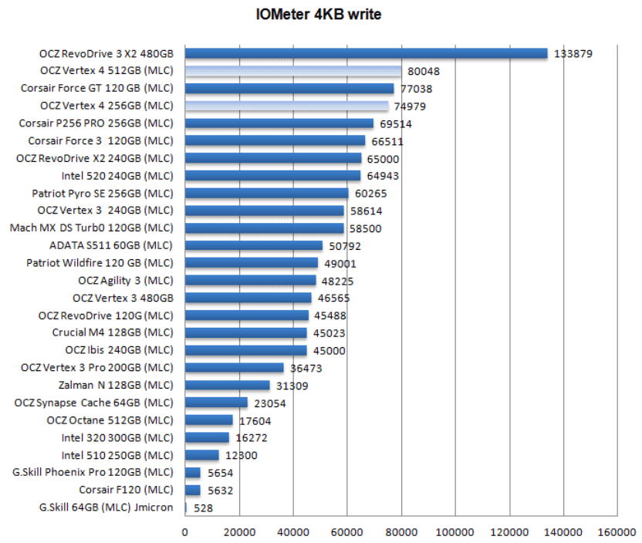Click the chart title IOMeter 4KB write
[x=318, y=15]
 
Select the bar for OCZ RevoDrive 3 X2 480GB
[x=366, y=53]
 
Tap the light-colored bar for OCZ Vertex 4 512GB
[x=293, y=71]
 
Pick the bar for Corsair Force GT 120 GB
[x=289, y=89]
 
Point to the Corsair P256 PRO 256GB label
[x=96, y=123]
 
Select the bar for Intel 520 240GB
[x=272, y=176]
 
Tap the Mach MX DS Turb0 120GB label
[x=92, y=228]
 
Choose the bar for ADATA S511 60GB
[x=254, y=246]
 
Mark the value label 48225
[x=338, y=281]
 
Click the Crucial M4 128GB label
[x=113, y=333]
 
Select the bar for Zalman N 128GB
[x=228, y=386]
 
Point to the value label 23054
[x=269, y=403]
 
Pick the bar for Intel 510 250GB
[x=202, y=455]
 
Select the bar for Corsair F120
[x=193, y=490]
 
